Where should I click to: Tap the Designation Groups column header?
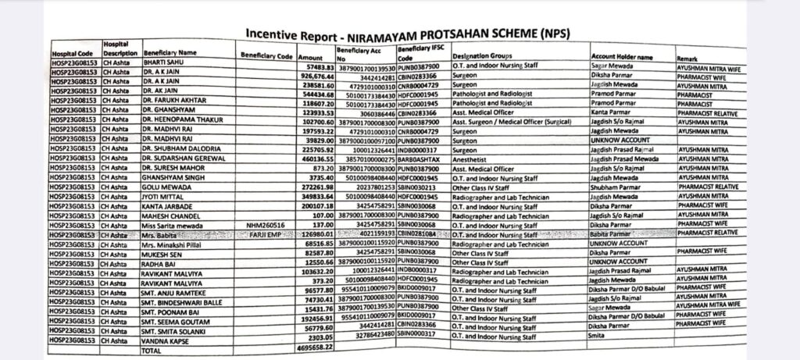coord(481,56)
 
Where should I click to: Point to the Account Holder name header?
coord(622,57)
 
